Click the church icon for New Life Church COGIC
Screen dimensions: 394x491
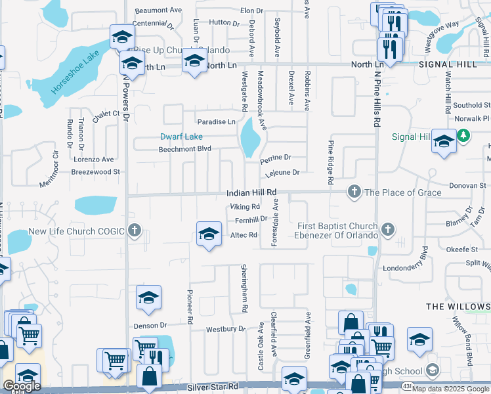[135, 230]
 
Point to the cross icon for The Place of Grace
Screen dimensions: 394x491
[354, 192]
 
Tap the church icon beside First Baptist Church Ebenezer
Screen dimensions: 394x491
[388, 229]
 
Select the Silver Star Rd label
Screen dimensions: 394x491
[212, 387]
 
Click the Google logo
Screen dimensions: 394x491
[22, 386]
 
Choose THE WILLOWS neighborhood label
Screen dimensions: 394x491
[458, 307]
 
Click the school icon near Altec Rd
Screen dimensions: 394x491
[208, 233]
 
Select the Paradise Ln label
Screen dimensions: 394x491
[217, 122]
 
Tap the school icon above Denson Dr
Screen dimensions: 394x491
[148, 297]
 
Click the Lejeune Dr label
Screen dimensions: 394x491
[282, 173]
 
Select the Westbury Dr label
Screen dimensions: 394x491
[225, 329]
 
